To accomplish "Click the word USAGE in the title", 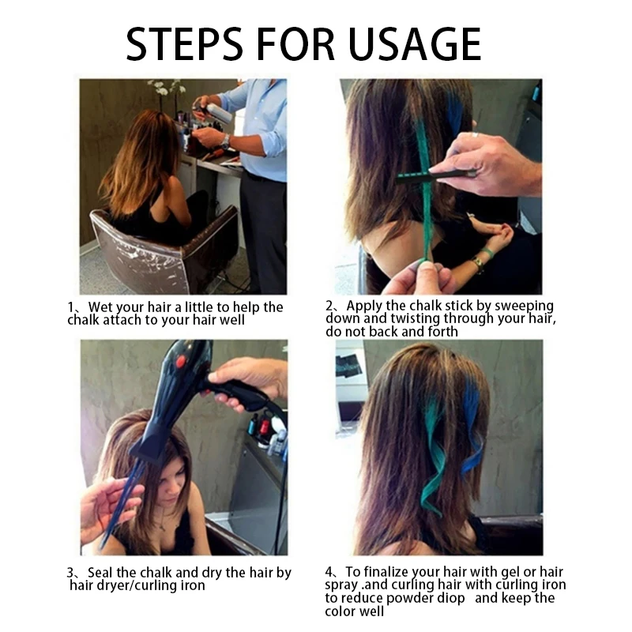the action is [x=414, y=44].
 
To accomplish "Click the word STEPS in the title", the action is [x=184, y=44].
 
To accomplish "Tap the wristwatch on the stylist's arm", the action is [x=226, y=141].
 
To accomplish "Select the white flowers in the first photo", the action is [x=166, y=87].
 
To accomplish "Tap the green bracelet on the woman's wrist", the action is [x=487, y=254].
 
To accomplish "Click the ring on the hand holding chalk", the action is [x=476, y=135].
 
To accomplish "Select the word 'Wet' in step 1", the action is [x=101, y=307].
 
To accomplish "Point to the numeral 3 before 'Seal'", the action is [x=70, y=573].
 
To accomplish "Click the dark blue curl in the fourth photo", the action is [x=472, y=427].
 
